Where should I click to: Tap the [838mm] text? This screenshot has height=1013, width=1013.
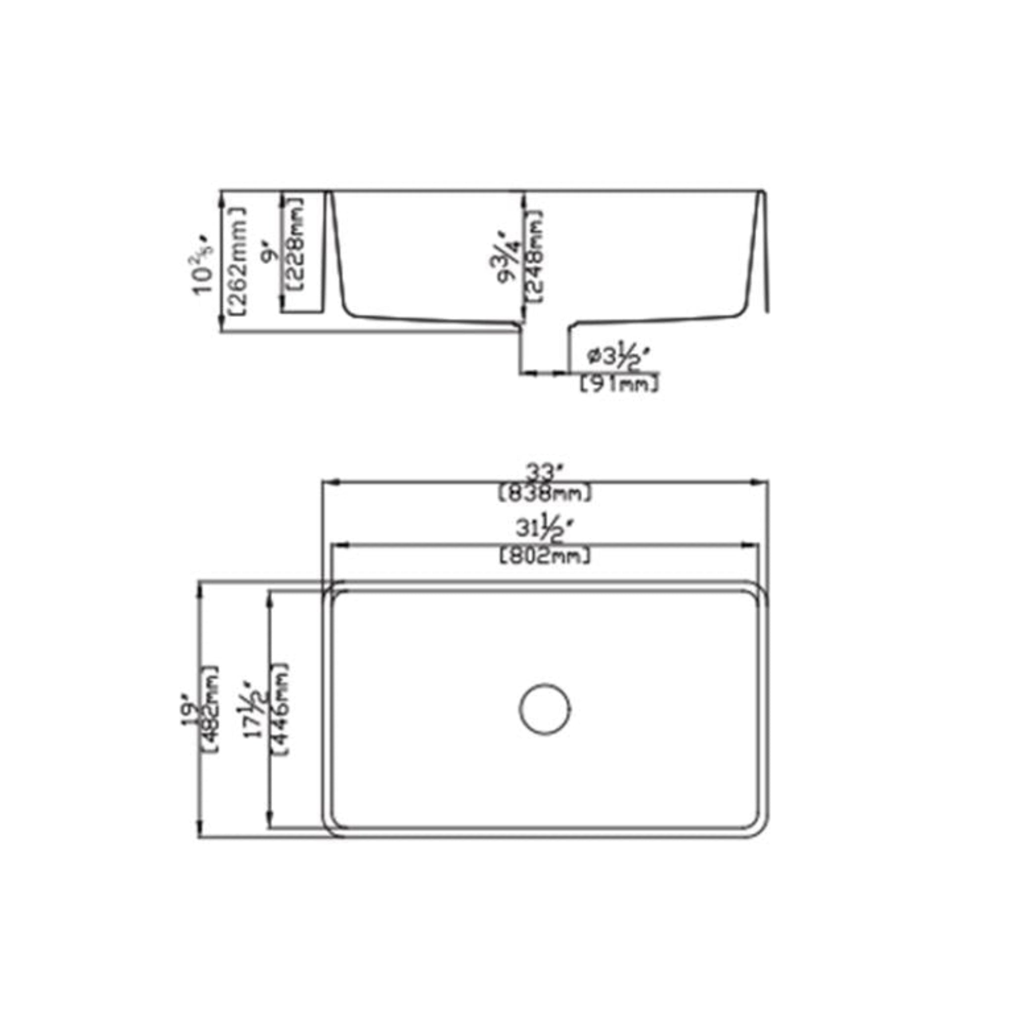(x=545, y=493)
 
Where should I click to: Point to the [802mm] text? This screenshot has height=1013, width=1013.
(x=545, y=556)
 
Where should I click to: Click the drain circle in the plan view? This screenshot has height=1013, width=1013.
(x=545, y=709)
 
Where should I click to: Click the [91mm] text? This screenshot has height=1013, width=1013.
(x=619, y=384)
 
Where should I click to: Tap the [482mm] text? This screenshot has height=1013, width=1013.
(x=211, y=710)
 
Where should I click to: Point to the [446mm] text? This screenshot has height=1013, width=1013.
(x=280, y=709)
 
